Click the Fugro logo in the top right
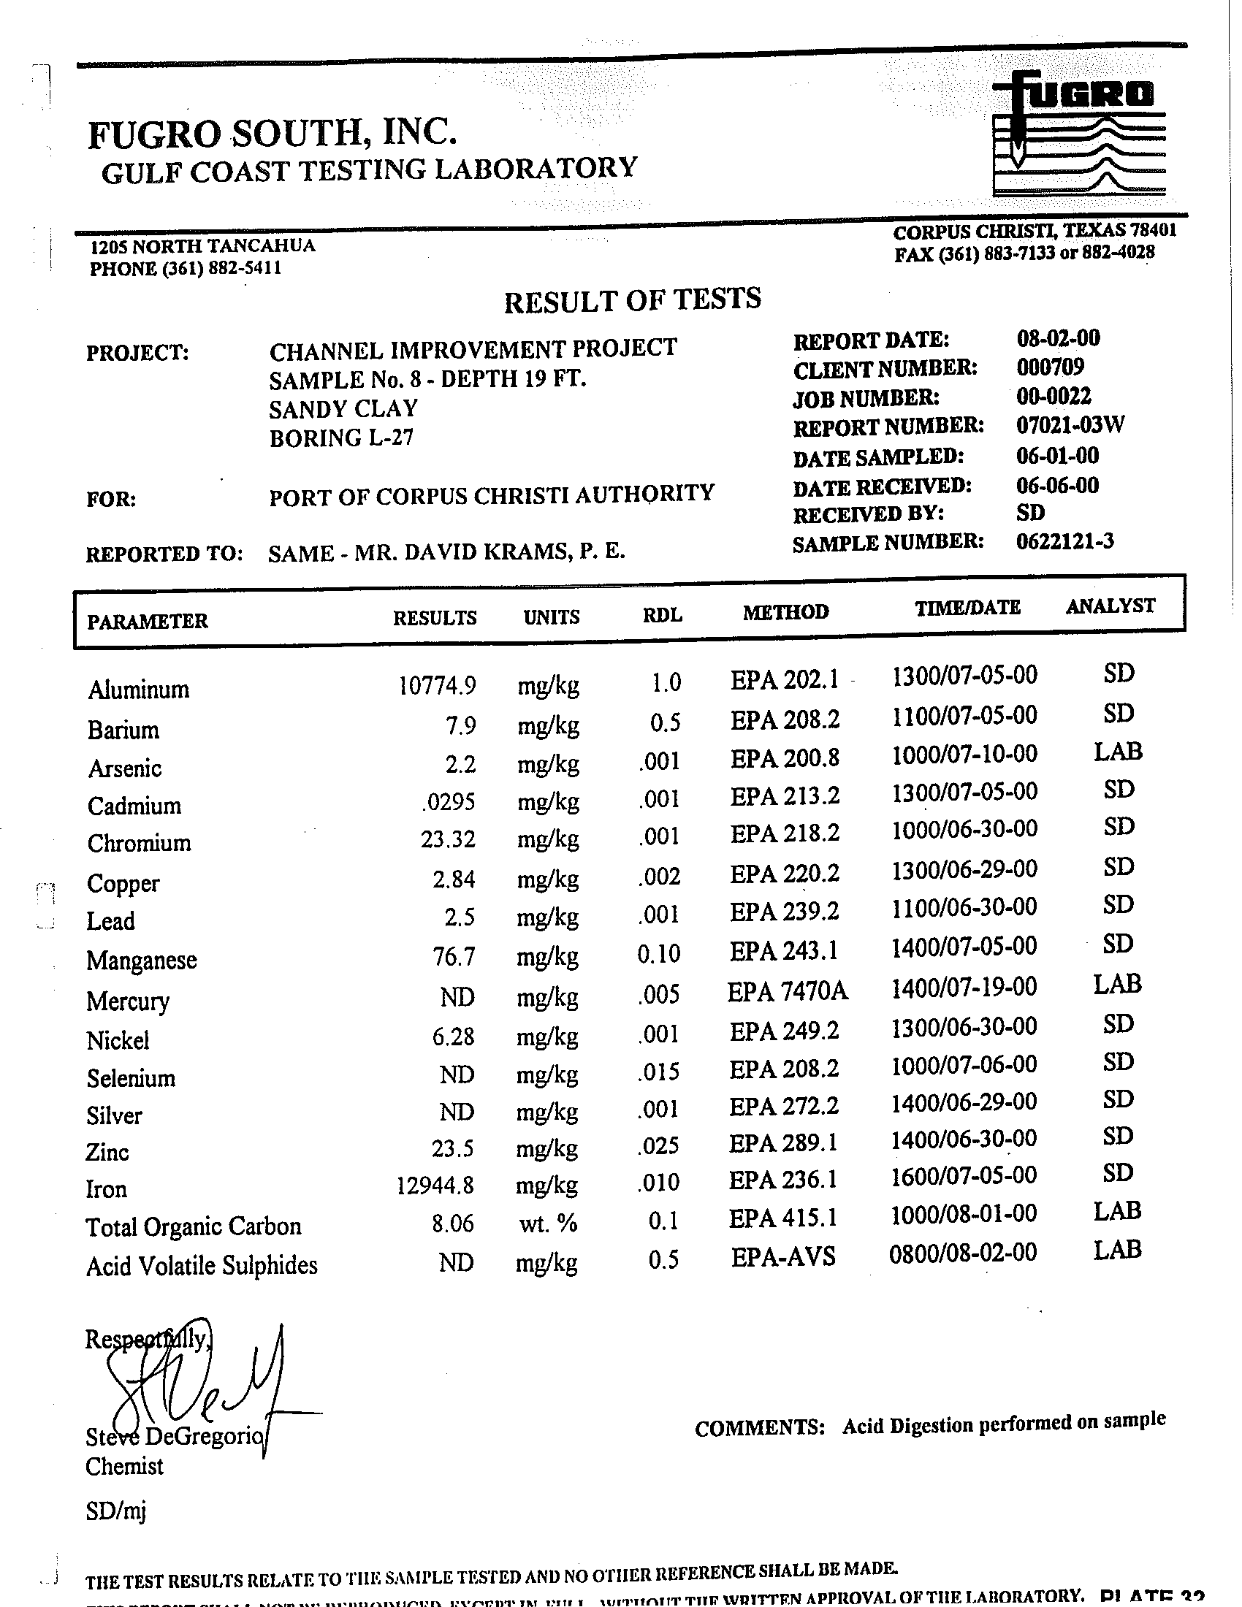click(x=1078, y=132)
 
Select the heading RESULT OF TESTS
click(x=632, y=300)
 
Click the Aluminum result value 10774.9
click(x=437, y=686)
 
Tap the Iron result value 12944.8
click(x=435, y=1186)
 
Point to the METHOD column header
click(x=785, y=612)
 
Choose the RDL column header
click(x=662, y=615)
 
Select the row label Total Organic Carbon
click(x=194, y=1226)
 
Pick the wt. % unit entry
click(x=547, y=1224)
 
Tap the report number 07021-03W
click(x=1070, y=425)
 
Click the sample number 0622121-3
click(x=1064, y=541)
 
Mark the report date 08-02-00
click(x=1058, y=338)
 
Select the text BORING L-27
click(x=341, y=438)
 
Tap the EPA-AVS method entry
click(x=783, y=1257)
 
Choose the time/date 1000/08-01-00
click(x=963, y=1214)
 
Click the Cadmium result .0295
click(x=448, y=801)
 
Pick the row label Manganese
click(x=141, y=961)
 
